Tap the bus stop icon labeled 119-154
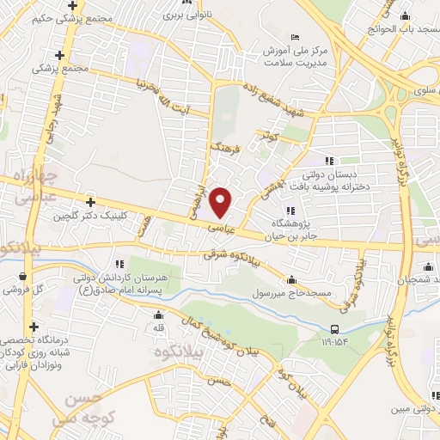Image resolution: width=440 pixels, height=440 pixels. coord(334,328)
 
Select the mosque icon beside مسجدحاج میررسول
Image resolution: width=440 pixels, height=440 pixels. coord(292,280)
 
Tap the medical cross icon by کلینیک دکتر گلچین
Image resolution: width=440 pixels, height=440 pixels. coord(90,203)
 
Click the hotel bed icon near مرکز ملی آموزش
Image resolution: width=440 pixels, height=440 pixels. coord(295,37)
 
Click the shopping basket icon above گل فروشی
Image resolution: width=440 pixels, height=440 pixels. coord(23,276)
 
